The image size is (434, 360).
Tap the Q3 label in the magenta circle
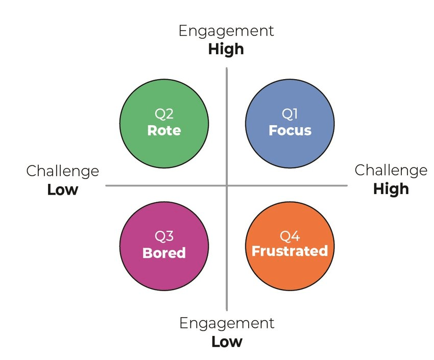pyautogui.click(x=164, y=236)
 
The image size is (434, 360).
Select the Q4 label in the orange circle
pyautogui.click(x=290, y=236)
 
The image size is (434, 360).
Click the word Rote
pyautogui.click(x=164, y=131)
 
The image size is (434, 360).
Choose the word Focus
pyautogui.click(x=290, y=131)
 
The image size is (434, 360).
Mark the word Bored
pyautogui.click(x=164, y=253)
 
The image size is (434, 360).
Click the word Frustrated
pyautogui.click(x=290, y=251)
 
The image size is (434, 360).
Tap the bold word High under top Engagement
pyautogui.click(x=226, y=50)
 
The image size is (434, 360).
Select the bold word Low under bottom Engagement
pyautogui.click(x=227, y=341)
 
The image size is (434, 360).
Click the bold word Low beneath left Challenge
pyautogui.click(x=62, y=190)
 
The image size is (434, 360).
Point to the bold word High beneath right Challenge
pyautogui.click(x=391, y=189)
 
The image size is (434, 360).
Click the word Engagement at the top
pyautogui.click(x=226, y=31)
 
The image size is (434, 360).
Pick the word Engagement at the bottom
pyautogui.click(x=227, y=323)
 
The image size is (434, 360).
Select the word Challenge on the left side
pyautogui.click(x=62, y=171)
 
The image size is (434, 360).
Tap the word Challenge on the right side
pyautogui.click(x=391, y=170)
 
